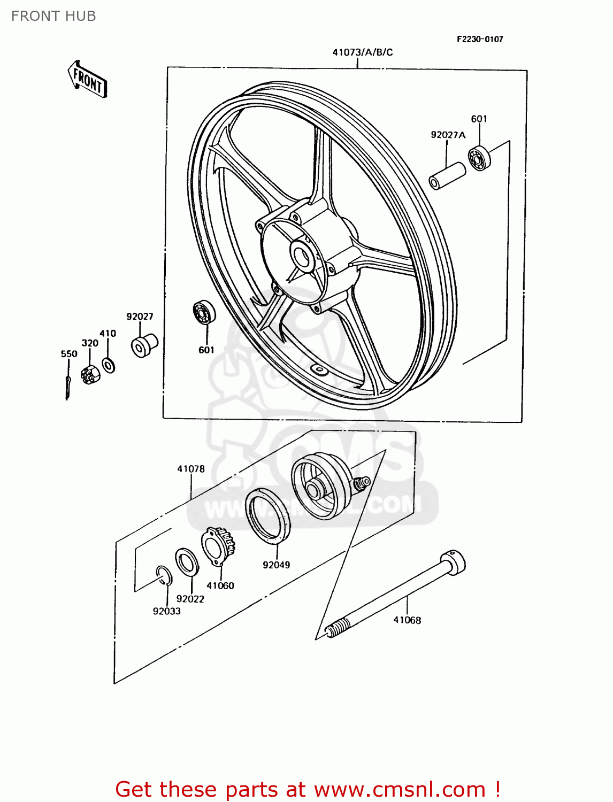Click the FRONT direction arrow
pyautogui.click(x=87, y=80)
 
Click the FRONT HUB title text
pyautogui.click(x=53, y=16)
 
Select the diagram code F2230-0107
pyautogui.click(x=479, y=39)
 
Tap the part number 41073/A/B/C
pyautogui.click(x=362, y=52)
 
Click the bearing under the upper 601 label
pyautogui.click(x=479, y=158)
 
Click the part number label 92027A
pyautogui.click(x=448, y=135)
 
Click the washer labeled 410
pyautogui.click(x=109, y=366)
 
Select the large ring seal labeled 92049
pyautogui.click(x=267, y=516)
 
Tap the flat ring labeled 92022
pyautogui.click(x=187, y=562)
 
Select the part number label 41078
pyautogui.click(x=191, y=469)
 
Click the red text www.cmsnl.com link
pyautogui.click(x=399, y=789)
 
